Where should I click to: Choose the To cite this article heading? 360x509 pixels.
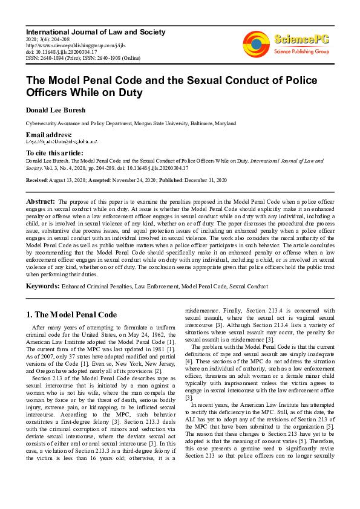(x=54, y=154)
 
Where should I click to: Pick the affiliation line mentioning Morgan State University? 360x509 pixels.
(x=131, y=123)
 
